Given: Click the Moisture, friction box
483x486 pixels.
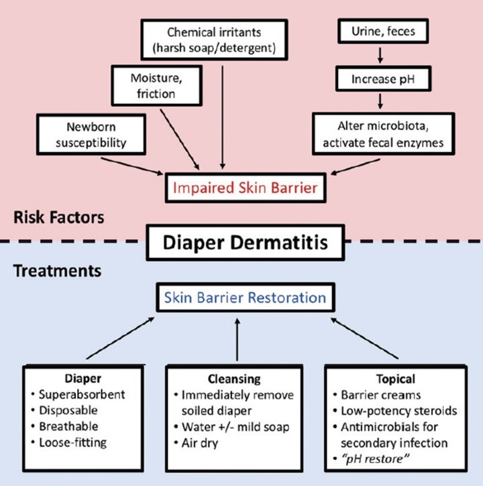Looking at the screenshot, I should click(x=156, y=84).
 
